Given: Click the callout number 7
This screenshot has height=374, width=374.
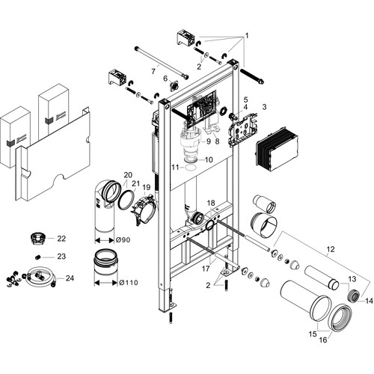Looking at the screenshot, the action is [153, 72].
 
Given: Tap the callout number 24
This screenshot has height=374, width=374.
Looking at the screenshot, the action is [70, 278].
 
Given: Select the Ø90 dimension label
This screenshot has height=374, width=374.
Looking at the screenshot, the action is [123, 240].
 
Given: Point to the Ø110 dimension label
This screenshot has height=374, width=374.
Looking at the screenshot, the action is [129, 283].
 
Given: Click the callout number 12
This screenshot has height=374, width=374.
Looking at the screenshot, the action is [331, 249].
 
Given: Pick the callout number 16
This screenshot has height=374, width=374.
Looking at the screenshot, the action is [323, 340].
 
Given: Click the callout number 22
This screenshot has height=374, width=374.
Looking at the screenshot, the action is [61, 239].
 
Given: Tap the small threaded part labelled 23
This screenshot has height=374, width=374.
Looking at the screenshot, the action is [37, 257].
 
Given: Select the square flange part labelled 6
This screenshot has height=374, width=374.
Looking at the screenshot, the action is [173, 87].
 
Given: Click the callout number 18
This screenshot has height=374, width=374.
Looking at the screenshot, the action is [211, 203].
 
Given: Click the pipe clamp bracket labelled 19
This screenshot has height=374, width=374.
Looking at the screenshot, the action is [144, 209].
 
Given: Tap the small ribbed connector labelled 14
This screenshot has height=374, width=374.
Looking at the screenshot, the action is [354, 296].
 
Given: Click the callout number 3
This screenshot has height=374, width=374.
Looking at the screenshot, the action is [264, 107].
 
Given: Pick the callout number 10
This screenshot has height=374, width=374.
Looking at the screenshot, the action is [209, 159].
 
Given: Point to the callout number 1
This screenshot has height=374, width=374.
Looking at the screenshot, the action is [247, 36].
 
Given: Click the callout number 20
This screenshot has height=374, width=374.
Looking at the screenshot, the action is [128, 175].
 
